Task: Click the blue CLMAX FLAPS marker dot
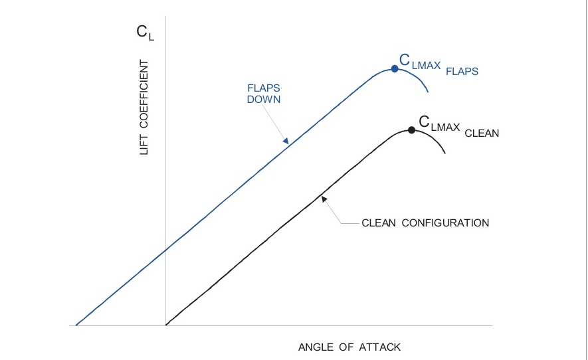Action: click(395, 68)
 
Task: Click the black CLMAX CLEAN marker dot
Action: click(411, 130)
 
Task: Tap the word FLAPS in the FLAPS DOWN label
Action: click(264, 88)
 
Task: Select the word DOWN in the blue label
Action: click(264, 100)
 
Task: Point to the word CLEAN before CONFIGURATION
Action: click(379, 223)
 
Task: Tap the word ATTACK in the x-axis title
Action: click(381, 347)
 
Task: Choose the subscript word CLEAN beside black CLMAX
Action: click(482, 133)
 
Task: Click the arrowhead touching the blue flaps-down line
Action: click(286, 141)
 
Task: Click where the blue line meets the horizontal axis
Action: click(76, 325)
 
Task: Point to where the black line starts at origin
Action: click(165, 325)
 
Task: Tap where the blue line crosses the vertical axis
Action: click(165, 248)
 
